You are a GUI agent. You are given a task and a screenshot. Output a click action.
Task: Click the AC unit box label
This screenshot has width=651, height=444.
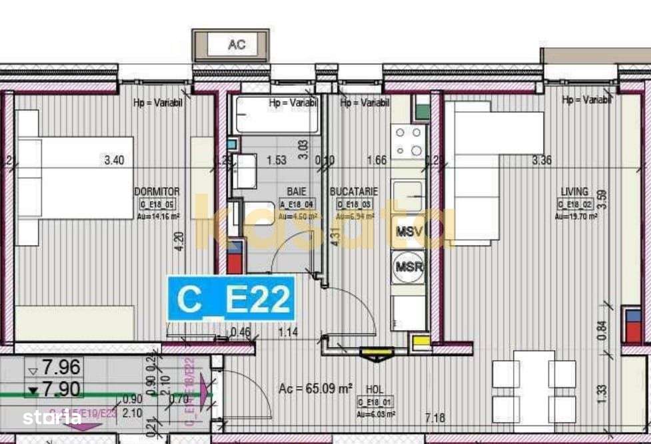237,45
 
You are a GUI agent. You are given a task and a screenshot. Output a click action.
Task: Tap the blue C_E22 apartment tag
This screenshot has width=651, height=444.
231,300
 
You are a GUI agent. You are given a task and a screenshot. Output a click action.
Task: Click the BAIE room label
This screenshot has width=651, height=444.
297,192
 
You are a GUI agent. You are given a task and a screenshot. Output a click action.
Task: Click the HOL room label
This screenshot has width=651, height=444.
374,389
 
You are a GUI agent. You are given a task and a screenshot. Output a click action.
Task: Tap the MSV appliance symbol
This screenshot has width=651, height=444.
408,232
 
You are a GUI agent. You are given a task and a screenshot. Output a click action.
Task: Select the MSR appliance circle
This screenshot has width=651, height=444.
408,267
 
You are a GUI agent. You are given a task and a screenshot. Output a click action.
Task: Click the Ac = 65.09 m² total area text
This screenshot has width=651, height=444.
315,389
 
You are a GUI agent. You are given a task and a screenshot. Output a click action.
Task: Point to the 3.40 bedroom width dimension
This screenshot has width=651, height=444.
114,160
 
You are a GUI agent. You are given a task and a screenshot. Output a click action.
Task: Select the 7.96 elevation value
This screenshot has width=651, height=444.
61,367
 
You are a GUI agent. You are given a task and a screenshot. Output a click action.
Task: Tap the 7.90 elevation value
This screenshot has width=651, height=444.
61,389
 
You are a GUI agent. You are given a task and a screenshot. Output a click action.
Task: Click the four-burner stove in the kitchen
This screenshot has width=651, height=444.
408,141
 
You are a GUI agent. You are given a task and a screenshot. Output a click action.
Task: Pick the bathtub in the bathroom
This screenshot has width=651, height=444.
277,114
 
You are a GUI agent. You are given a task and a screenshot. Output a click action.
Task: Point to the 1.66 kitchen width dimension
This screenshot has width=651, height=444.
377,160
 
